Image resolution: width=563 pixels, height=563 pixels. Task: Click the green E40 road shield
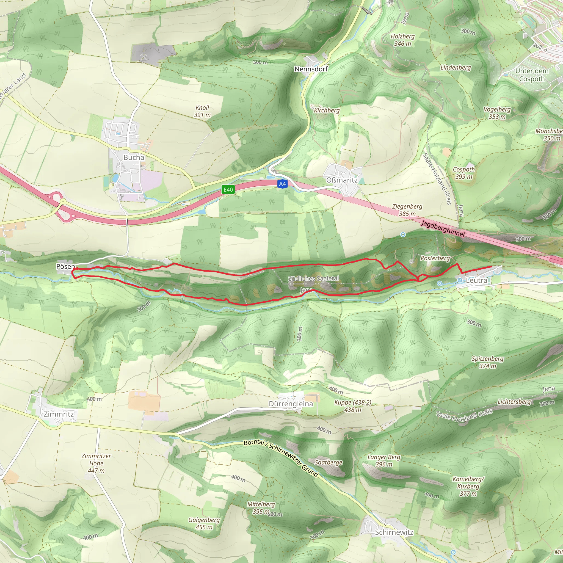click(x=228, y=190)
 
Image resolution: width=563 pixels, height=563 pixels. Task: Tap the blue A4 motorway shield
click(x=282, y=184)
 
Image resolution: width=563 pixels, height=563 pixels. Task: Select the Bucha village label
click(x=134, y=157)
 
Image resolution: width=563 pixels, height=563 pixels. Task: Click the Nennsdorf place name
click(x=311, y=69)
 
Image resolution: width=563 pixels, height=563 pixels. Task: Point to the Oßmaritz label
click(x=341, y=180)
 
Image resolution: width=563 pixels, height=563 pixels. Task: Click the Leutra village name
click(x=476, y=280)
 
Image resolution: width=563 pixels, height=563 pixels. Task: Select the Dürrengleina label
click(x=291, y=404)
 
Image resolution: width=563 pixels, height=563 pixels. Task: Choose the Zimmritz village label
click(x=59, y=414)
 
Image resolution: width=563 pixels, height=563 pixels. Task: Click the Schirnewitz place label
click(x=394, y=532)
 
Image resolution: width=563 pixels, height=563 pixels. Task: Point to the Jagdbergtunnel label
click(x=443, y=228)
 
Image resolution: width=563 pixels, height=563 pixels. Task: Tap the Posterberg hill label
click(x=435, y=258)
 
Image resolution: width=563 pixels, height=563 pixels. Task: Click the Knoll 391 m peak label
click(x=202, y=111)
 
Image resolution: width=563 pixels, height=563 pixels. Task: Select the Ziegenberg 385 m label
click(x=407, y=210)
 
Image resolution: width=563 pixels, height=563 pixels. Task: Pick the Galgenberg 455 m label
click(x=204, y=523)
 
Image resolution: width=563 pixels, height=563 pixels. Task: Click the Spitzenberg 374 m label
click(x=487, y=362)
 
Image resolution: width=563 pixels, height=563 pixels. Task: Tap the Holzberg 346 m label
click(x=402, y=40)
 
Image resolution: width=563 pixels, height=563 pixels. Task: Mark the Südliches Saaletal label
click(x=313, y=278)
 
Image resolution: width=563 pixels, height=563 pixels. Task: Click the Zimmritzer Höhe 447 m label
click(x=96, y=463)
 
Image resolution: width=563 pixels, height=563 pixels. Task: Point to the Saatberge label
click(x=329, y=462)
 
